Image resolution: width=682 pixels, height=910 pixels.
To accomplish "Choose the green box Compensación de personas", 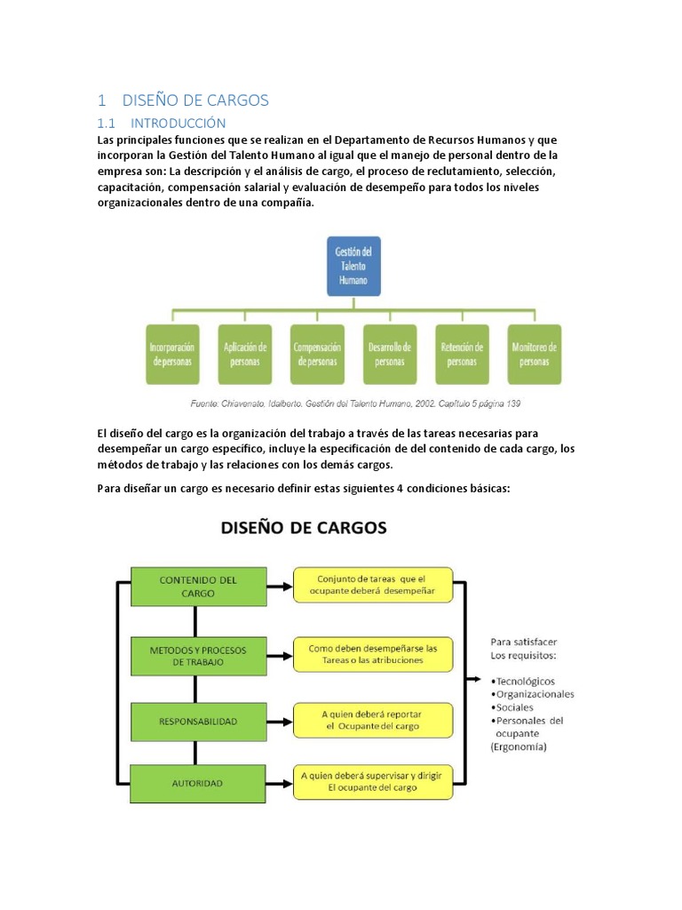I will point(316,354).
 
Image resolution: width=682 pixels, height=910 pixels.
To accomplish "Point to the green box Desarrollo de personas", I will point(390,354).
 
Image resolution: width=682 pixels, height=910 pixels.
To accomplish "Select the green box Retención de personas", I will point(462,354).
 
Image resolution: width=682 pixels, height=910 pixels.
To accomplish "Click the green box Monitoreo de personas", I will point(535,354).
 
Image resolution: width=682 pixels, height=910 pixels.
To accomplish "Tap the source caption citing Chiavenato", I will point(355,403).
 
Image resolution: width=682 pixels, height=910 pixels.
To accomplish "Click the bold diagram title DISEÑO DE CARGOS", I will point(304,528).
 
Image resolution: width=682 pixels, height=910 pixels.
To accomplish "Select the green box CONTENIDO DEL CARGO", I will point(198,586).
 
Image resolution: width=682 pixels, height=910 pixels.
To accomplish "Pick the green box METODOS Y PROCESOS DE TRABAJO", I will point(198,655).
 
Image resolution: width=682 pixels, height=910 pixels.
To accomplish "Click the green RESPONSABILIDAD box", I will point(198,722).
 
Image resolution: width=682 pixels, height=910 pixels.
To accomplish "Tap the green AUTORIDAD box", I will point(198,783).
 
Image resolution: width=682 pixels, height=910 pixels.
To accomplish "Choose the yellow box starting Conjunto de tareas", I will point(373,585).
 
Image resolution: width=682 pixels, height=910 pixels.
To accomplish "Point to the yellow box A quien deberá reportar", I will point(373,721).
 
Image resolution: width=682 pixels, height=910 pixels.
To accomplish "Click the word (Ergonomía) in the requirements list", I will point(519,747).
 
